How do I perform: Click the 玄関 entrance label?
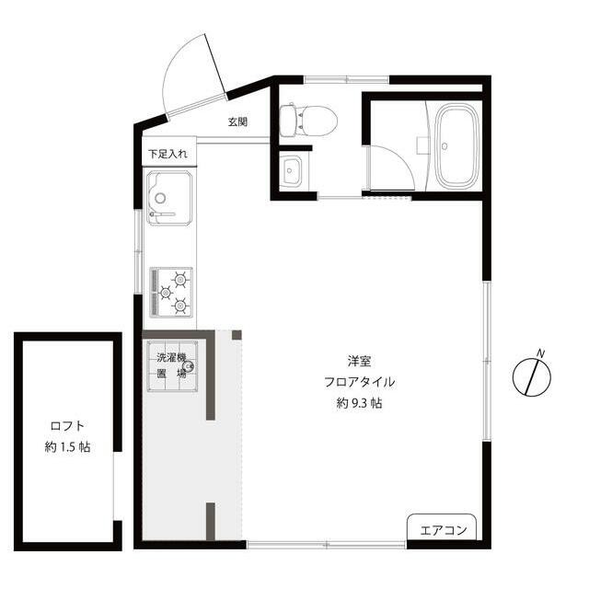point(237,121)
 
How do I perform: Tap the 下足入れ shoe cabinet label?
point(167,154)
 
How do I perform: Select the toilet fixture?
point(308,121)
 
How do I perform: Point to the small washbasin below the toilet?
point(292,172)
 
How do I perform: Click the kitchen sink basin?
point(169,198)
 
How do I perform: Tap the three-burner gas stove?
point(171,292)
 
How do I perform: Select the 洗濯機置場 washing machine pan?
point(172,366)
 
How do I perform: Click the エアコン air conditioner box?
point(442,527)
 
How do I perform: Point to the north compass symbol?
point(532,376)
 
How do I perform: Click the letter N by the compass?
point(541,353)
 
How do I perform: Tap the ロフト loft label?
point(67,426)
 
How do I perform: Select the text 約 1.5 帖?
point(67,447)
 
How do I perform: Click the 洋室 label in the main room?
point(360,362)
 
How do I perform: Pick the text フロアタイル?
point(360,382)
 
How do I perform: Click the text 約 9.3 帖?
point(360,403)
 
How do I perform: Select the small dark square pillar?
point(237,335)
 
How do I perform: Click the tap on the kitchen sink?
point(162,214)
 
